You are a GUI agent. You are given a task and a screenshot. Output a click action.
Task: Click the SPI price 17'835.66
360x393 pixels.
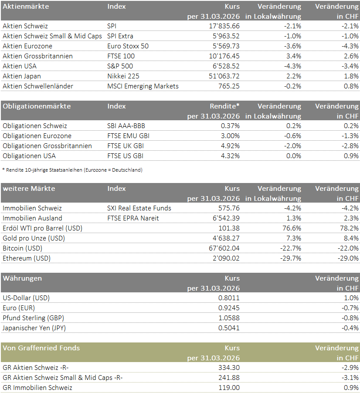point(224,26)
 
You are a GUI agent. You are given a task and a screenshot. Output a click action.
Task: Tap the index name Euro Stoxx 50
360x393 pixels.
point(128,46)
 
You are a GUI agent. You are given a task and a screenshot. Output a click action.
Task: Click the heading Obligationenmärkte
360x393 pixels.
point(37,106)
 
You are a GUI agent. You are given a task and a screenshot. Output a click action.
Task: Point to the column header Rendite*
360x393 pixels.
point(225,106)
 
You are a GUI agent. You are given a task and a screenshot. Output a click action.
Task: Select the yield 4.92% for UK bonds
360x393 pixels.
point(229,146)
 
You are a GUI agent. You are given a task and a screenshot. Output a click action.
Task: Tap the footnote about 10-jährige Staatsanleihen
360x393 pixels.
point(72,170)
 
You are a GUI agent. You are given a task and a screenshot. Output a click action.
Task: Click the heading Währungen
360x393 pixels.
point(22,278)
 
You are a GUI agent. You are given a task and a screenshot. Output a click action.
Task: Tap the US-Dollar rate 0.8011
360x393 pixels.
point(229,298)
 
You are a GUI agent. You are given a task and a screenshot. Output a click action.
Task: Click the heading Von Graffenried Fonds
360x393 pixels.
point(41,348)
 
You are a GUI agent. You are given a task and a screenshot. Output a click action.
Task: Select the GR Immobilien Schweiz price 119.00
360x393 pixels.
point(229,387)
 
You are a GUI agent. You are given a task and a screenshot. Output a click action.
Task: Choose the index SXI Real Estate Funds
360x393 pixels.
point(139,208)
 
